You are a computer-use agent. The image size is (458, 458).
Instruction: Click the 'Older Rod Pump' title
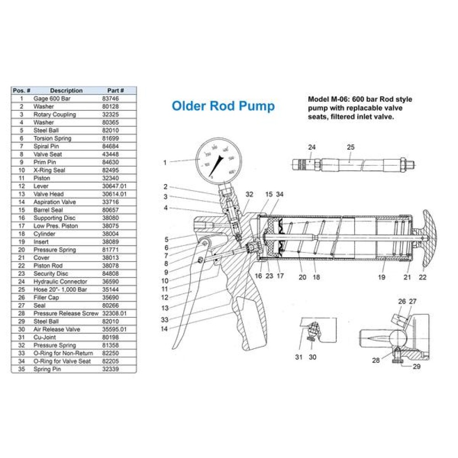223,106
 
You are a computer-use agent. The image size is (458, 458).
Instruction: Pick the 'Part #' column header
115,90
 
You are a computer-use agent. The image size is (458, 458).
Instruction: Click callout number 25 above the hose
351,147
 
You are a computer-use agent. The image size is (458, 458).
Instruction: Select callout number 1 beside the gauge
165,162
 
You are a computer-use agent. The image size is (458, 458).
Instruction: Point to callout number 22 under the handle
422,277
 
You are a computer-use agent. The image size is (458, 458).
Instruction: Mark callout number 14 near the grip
164,328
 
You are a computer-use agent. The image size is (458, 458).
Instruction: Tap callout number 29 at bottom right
416,366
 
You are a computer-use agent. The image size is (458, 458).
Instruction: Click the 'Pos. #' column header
22,90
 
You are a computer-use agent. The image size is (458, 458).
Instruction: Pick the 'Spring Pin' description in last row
46,369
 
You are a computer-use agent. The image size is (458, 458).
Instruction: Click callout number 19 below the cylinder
382,277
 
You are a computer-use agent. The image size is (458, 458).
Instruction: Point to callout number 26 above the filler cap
402,301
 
